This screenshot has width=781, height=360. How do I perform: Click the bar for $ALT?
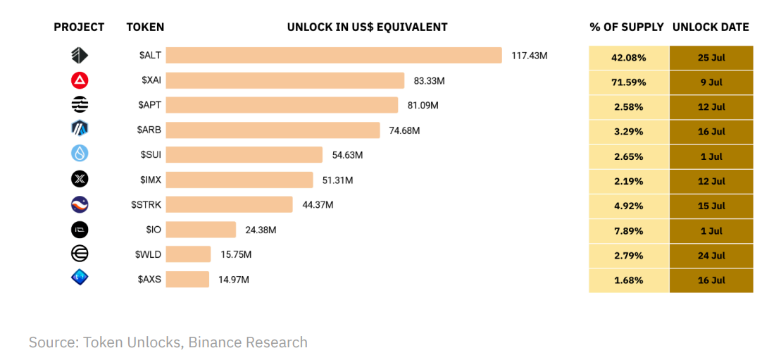[x=333, y=56]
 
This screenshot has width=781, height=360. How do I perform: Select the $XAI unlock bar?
[x=285, y=80]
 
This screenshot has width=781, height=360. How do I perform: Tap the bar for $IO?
[x=201, y=230]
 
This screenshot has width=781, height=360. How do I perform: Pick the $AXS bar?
[x=187, y=279]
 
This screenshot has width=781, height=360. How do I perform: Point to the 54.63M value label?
[x=347, y=155]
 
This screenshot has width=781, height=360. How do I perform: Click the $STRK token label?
[x=146, y=205]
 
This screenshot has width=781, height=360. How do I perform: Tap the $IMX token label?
[x=149, y=180]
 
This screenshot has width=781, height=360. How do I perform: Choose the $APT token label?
[x=149, y=105]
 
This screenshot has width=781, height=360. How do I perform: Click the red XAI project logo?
[x=80, y=80]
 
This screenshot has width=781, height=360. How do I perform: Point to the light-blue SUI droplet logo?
[x=80, y=154]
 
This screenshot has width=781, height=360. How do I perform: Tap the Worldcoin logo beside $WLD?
[x=80, y=254]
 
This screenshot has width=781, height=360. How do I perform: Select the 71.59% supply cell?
[x=628, y=82]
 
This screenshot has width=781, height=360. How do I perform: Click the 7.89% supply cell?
[x=628, y=231]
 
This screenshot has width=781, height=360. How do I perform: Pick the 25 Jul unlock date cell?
[x=711, y=57]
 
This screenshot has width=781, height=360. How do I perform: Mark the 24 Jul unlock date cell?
[x=711, y=256]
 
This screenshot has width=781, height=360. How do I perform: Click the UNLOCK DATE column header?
[x=711, y=27]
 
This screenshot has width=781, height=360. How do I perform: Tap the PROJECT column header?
[x=79, y=27]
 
